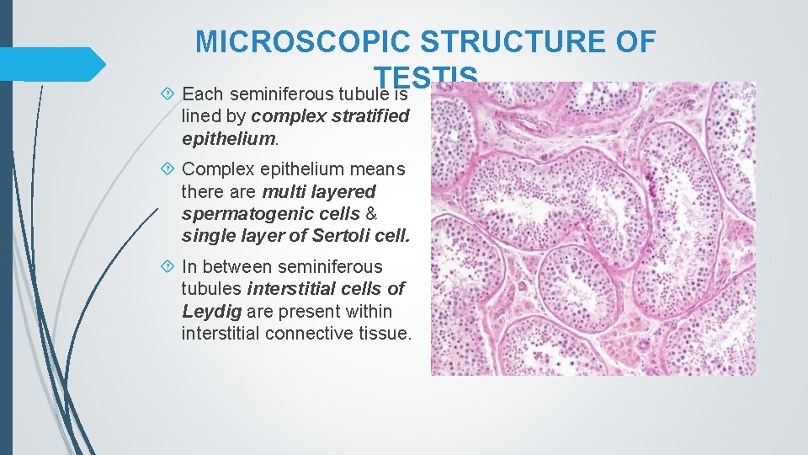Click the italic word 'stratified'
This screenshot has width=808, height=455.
[x=368, y=115]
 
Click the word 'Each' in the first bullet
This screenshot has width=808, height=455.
[x=200, y=92]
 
